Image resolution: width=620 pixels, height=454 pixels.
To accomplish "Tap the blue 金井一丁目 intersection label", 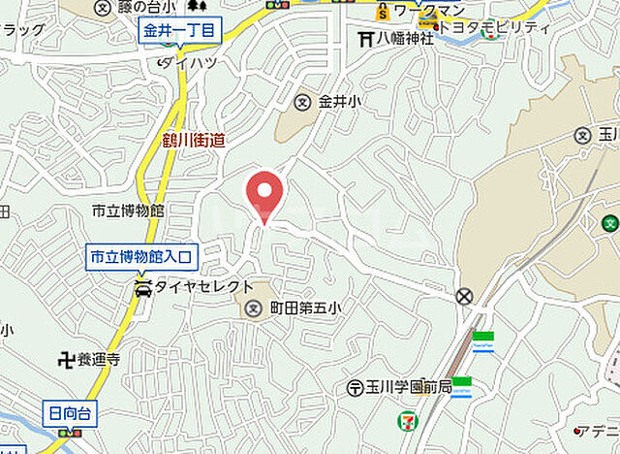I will pos(179,31).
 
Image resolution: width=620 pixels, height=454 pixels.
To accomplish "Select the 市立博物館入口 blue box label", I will pos(142,257).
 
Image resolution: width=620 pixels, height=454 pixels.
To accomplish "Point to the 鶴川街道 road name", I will pos(194,141).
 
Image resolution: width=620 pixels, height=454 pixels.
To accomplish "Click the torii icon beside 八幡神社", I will pos(365,40).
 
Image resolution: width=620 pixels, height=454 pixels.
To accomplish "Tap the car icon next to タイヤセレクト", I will pos(142,288).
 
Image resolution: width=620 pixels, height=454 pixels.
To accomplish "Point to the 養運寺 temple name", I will pos(100,359).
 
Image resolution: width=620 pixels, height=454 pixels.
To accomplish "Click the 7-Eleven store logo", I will pos(404,421).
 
